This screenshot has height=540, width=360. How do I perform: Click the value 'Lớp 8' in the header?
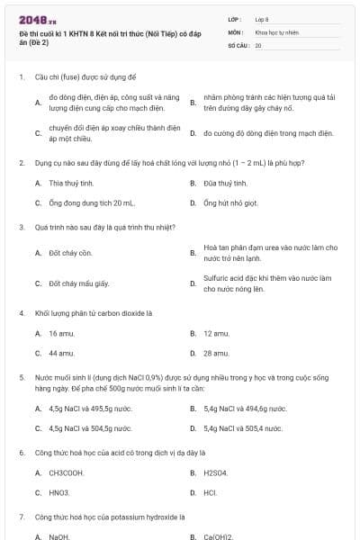tap(262, 19)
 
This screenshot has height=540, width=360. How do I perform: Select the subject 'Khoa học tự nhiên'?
tap(275, 31)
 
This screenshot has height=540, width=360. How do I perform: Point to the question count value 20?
tap(258, 44)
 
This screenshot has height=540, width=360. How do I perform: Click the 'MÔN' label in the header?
tap(236, 31)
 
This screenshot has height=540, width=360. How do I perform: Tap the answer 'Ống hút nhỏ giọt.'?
tap(230, 202)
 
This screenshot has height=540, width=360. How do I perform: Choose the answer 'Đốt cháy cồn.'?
tap(71, 253)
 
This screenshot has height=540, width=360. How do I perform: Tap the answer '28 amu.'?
tap(216, 354)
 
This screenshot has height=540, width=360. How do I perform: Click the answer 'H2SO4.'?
tap(216, 472)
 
